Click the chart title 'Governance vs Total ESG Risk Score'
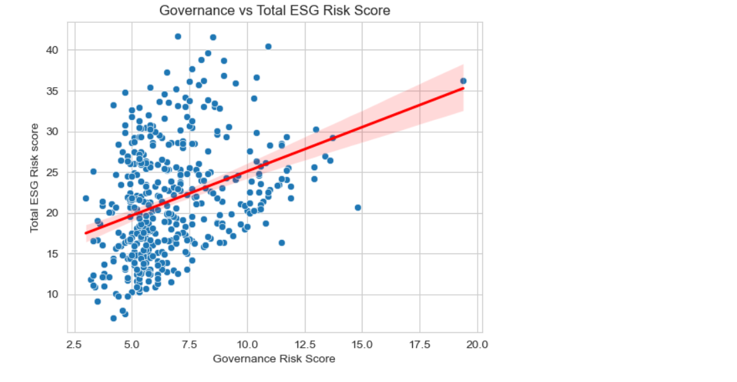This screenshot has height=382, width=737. point(275,11)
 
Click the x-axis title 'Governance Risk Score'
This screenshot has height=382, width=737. point(274,359)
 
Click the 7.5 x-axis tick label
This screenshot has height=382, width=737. point(190,344)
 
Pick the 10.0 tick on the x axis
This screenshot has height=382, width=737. point(247,344)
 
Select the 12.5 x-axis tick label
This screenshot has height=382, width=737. point(305,344)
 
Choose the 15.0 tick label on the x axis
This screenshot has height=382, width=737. point(362,344)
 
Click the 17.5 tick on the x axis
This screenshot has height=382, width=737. point(420,344)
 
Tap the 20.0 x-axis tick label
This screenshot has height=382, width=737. point(478,344)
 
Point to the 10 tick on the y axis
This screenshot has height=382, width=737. point(53,295)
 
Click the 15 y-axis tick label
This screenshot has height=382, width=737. point(53,254)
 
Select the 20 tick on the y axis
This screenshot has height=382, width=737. point(53,213)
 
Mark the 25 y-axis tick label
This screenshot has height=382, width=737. point(53,172)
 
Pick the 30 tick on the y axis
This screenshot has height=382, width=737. point(53,131)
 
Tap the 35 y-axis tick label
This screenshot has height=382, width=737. point(53,90)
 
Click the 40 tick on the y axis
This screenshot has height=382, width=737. point(53,50)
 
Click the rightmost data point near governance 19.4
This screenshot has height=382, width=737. point(463,81)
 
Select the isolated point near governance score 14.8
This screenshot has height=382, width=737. point(358,208)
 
